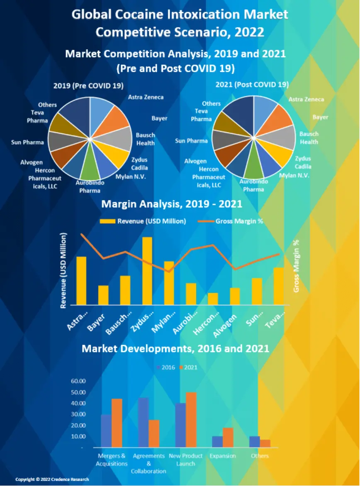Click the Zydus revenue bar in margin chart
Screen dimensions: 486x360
[147, 271]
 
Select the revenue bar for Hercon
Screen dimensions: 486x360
[213, 299]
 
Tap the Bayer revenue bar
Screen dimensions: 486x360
[103, 295]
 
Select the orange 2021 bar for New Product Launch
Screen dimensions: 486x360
[191, 419]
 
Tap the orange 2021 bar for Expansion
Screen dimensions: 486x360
[229, 437]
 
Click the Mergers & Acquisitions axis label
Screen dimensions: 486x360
[111, 459]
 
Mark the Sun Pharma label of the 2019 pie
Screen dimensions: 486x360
[27, 143]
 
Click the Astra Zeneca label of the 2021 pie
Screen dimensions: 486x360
[306, 99]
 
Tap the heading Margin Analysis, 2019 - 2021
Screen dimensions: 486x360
[172, 204]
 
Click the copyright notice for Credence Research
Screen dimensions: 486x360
[52, 479]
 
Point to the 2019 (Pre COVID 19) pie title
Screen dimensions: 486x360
[89, 86]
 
